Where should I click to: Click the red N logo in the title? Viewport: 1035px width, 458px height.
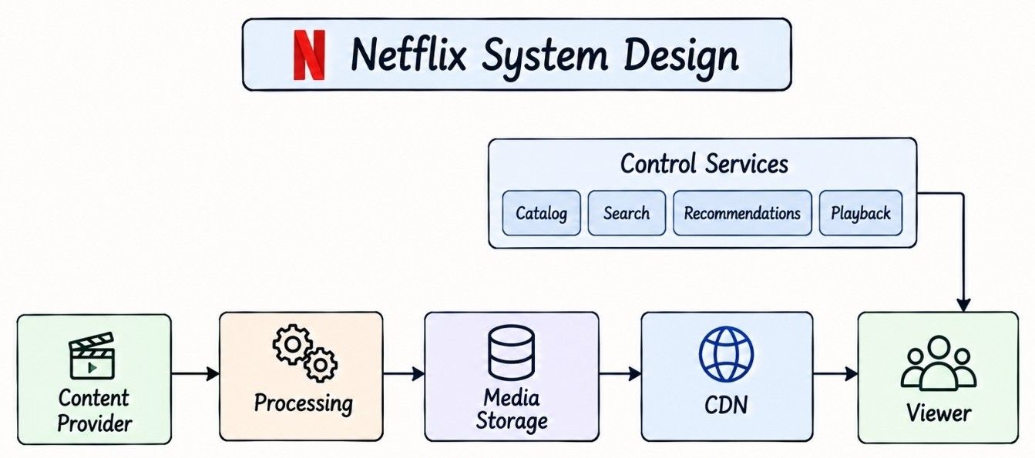tap(309, 55)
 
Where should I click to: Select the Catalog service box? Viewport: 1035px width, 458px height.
tap(541, 213)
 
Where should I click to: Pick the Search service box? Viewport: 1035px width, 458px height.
tap(627, 213)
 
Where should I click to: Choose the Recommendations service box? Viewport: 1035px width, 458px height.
tap(742, 213)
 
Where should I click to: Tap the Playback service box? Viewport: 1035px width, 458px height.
tap(860, 213)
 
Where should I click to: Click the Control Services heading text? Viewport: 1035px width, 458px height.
tap(704, 163)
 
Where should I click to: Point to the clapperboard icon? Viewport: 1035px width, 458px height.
tap(92, 356)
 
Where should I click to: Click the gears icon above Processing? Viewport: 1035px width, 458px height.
tap(304, 353)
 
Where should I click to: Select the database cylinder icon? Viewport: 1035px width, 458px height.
tap(511, 353)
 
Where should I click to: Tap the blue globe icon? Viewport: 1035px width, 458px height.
tap(726, 354)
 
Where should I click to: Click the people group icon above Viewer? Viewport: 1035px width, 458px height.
tap(939, 363)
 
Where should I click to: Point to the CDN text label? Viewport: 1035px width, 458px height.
tap(726, 406)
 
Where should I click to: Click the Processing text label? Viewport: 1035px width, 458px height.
tap(303, 404)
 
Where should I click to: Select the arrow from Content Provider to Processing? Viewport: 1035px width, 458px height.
tap(195, 373)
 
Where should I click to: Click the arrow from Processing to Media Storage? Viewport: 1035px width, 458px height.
tap(403, 373)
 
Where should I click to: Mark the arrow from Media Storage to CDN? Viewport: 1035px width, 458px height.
tap(620, 373)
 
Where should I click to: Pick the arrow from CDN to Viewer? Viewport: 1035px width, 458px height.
tap(835, 373)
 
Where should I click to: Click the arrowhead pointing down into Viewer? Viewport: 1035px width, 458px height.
tap(963, 305)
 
